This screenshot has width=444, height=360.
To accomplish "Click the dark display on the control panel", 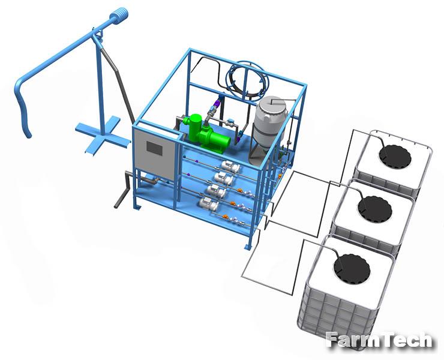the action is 154,148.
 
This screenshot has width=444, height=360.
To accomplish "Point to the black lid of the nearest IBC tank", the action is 352,268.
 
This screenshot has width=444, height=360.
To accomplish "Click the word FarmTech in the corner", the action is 379,340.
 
